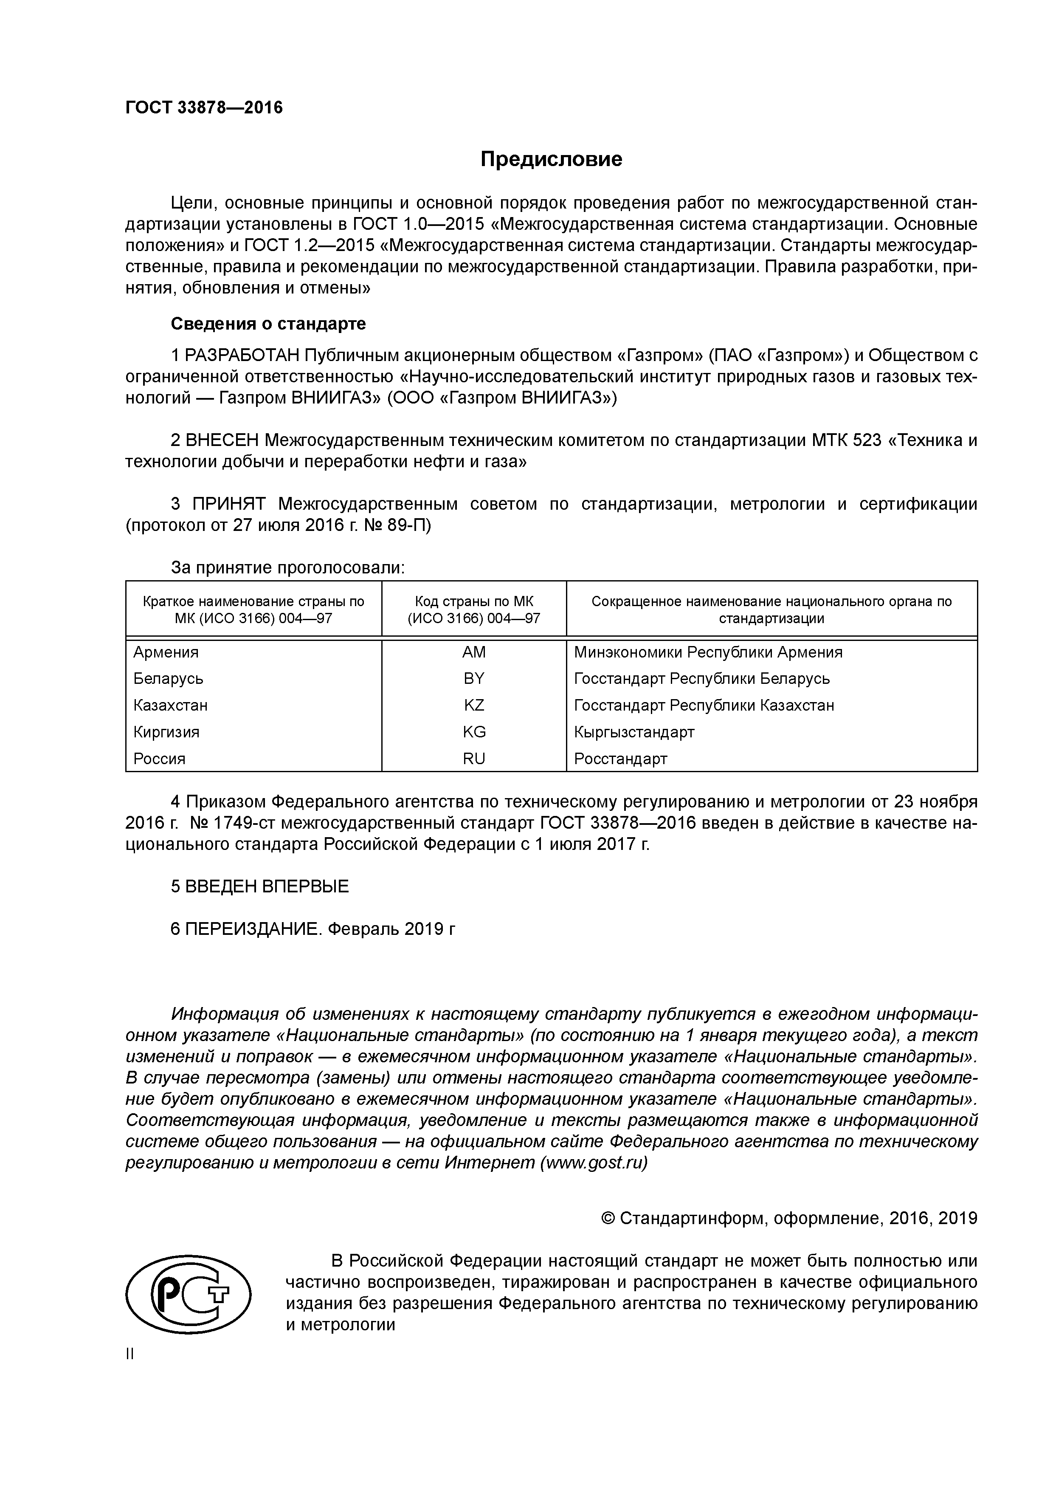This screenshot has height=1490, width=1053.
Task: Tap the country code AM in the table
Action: pos(473,652)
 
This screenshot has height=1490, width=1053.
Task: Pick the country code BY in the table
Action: pos(473,679)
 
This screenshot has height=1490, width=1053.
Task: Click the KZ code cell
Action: pos(473,705)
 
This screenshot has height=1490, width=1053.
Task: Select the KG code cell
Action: pos(473,732)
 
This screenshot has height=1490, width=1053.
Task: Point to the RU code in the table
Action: pos(473,759)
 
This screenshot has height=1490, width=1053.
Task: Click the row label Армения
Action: pos(166,652)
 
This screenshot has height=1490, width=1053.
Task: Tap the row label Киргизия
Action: pos(166,732)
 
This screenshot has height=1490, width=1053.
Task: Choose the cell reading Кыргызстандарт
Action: pos(634,732)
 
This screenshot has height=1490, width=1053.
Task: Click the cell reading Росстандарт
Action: pos(620,759)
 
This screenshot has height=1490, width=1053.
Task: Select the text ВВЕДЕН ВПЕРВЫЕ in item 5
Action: pos(267,886)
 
